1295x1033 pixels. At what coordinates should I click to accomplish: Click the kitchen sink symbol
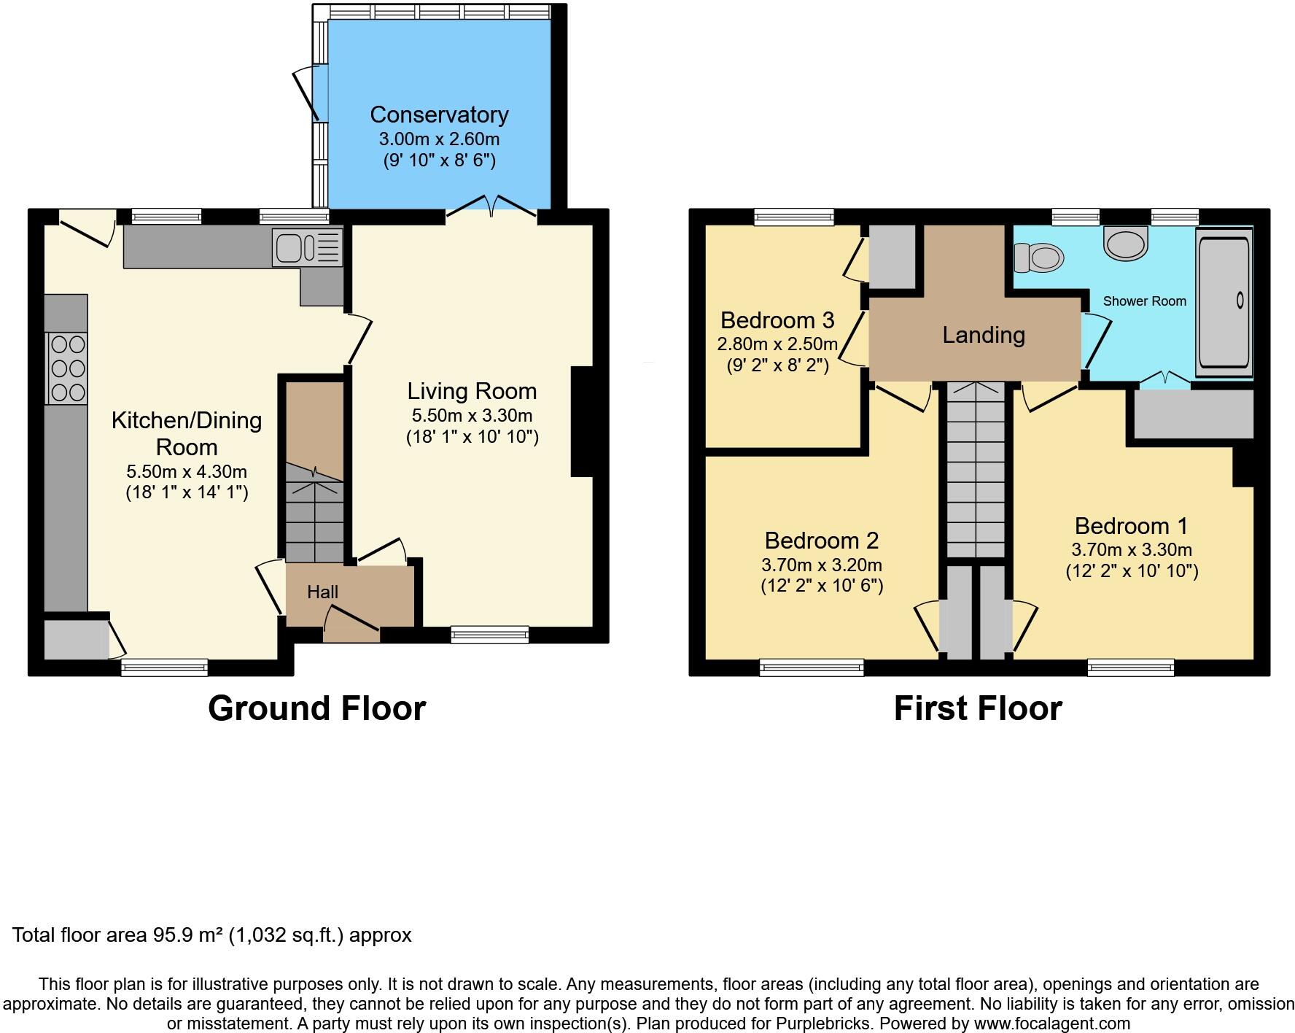point(307,247)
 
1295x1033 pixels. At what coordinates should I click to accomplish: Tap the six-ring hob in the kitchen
point(67,368)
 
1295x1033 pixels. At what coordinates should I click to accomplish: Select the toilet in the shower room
point(1040,258)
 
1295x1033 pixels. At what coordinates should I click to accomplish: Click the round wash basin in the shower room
point(1125,243)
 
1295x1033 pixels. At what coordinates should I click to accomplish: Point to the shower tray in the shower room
point(1224,302)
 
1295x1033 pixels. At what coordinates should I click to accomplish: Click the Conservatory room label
point(439,115)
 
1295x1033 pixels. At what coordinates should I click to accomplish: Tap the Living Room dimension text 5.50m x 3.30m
point(472,416)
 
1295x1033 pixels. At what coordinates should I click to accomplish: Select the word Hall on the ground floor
point(322,592)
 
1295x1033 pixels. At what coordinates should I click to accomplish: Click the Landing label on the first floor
point(984,335)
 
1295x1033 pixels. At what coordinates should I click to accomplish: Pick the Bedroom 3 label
point(777,320)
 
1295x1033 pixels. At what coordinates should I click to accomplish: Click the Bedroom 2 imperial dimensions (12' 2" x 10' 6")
point(822,585)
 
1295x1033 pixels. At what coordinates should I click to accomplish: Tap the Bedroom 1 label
point(1131,526)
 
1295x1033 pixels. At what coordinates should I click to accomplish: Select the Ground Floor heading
point(316,708)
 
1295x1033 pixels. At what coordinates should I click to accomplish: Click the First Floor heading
point(978,708)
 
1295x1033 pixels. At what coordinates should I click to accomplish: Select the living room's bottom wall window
point(490,635)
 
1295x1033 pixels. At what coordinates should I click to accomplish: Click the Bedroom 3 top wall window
point(793,216)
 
